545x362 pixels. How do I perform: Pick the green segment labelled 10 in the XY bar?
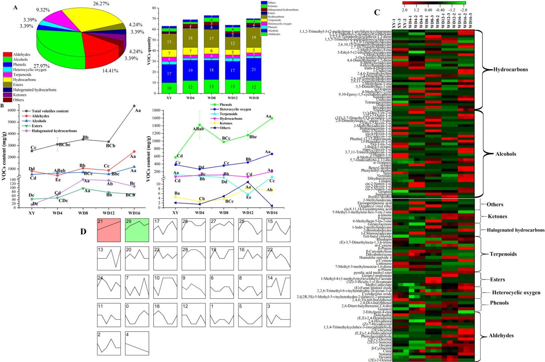(169, 88)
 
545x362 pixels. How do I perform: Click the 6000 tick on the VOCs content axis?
(12, 111)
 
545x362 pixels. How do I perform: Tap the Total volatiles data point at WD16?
(134, 106)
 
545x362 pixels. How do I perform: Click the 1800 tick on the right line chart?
(157, 111)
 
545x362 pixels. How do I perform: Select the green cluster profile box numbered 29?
(137, 230)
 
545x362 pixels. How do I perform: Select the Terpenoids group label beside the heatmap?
(503, 254)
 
